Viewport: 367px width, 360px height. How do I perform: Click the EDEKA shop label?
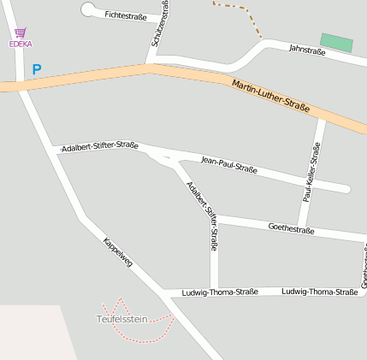(20, 44)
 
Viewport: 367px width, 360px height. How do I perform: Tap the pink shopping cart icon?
(21, 32)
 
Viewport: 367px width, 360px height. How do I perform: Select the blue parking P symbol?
(37, 69)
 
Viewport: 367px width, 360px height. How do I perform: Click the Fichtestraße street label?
(125, 15)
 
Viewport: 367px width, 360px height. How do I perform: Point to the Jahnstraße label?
(307, 51)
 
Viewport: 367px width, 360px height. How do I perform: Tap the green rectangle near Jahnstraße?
(336, 43)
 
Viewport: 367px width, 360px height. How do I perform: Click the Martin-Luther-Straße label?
(270, 96)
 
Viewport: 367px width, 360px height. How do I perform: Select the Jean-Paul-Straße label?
(228, 164)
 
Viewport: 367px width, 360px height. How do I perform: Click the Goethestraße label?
(291, 228)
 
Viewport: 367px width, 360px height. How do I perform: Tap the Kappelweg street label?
(118, 253)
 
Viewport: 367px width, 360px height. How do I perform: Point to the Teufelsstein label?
(121, 319)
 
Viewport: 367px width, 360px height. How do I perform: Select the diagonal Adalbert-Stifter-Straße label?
(203, 214)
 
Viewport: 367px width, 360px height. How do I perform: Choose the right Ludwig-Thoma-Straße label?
(319, 292)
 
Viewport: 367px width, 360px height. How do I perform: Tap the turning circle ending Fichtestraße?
(89, 9)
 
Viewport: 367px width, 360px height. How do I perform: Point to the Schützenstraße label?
(160, 23)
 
